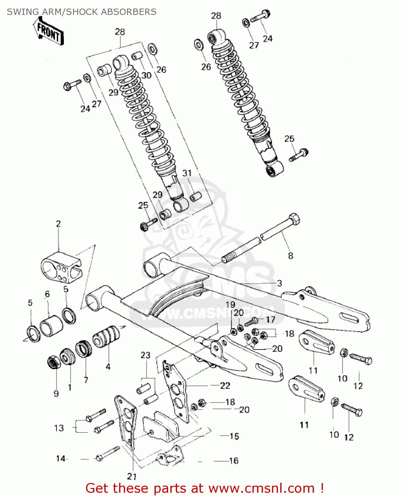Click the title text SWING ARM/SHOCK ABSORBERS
click(x=81, y=12)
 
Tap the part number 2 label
click(x=58, y=224)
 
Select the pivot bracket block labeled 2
click(x=61, y=268)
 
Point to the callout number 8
click(x=290, y=256)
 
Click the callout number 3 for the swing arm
click(x=279, y=283)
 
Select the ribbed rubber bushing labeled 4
click(x=106, y=336)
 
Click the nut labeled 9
click(x=53, y=363)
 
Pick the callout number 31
click(x=187, y=173)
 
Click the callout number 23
click(x=145, y=355)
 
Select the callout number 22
click(x=225, y=386)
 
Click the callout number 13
click(x=59, y=428)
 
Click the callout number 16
click(x=234, y=461)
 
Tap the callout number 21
click(x=132, y=476)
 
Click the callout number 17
click(x=270, y=319)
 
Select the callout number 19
click(x=230, y=305)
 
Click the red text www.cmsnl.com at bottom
click(x=261, y=488)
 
